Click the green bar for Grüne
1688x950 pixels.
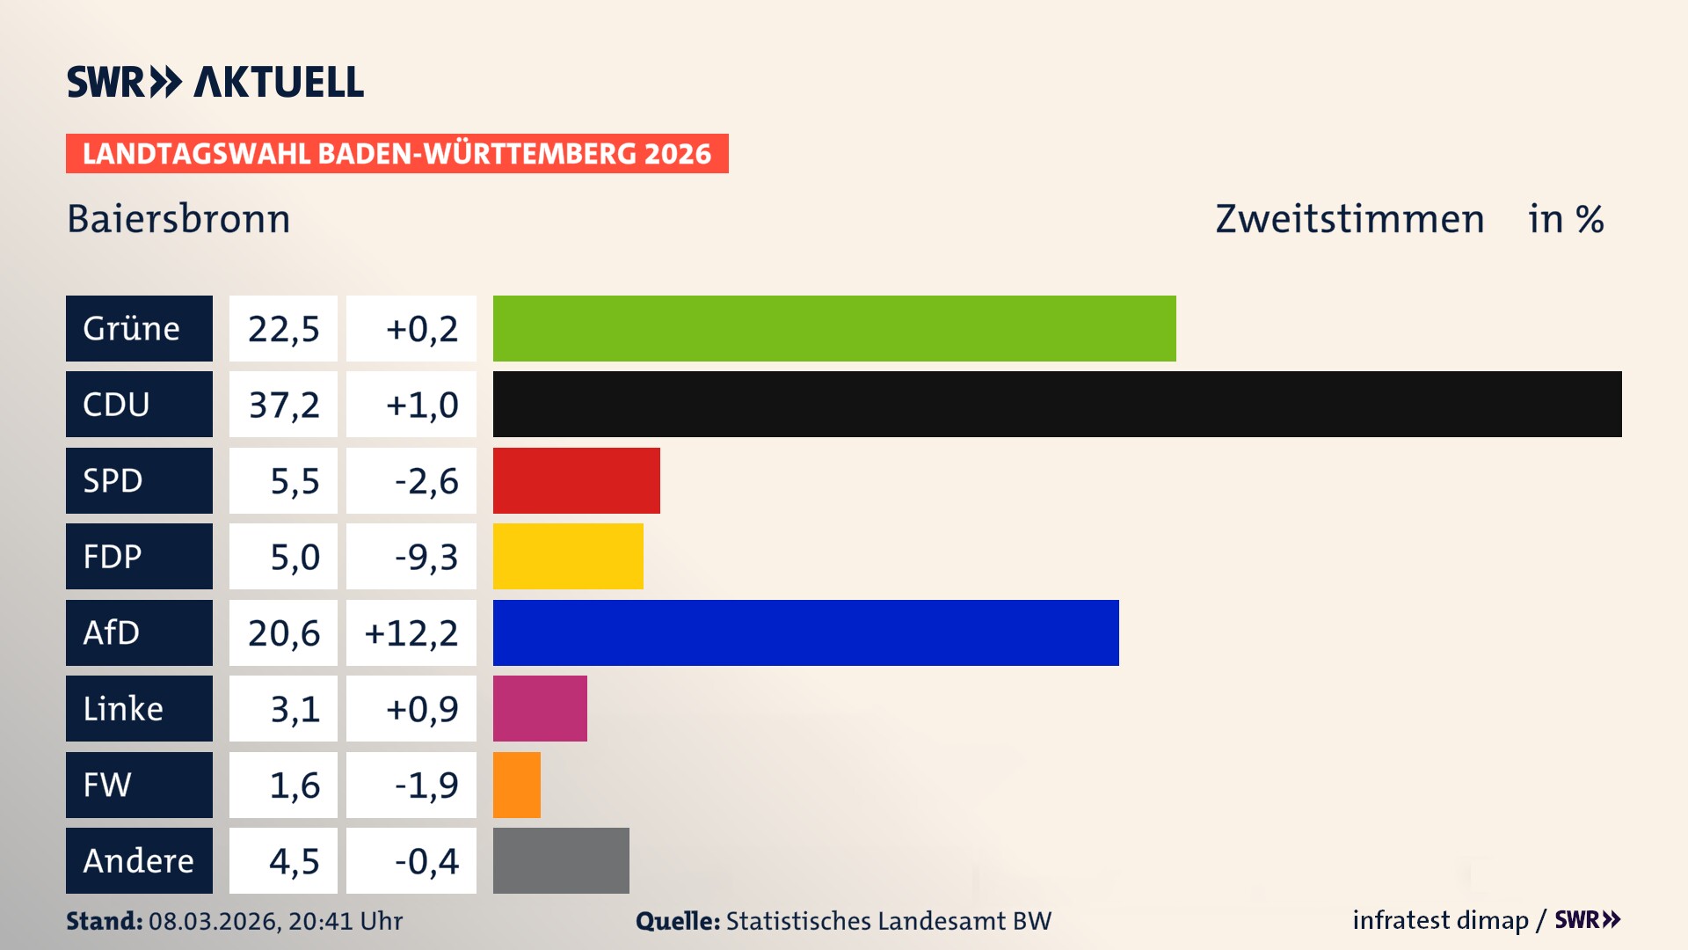tap(833, 328)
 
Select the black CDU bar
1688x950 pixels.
tap(1057, 404)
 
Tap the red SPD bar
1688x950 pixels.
tap(576, 480)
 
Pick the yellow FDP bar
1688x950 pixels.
tap(568, 556)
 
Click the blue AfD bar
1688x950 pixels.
tap(805, 632)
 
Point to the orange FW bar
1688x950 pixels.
tap(516, 785)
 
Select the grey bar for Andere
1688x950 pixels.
tap(561, 860)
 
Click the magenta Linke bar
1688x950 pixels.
tap(540, 708)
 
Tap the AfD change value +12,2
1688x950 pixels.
tap(411, 633)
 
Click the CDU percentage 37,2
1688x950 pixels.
tap(283, 405)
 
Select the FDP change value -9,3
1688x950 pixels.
tap(426, 557)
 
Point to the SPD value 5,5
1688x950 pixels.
tap(294, 481)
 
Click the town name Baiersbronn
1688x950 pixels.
tap(178, 219)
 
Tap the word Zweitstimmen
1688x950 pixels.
tap(1350, 219)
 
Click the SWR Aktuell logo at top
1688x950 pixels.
tap(215, 82)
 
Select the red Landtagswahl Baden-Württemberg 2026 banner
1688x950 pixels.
tap(397, 154)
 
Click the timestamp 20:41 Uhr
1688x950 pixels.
tap(345, 921)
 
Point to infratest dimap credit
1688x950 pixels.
tap(1440, 920)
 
